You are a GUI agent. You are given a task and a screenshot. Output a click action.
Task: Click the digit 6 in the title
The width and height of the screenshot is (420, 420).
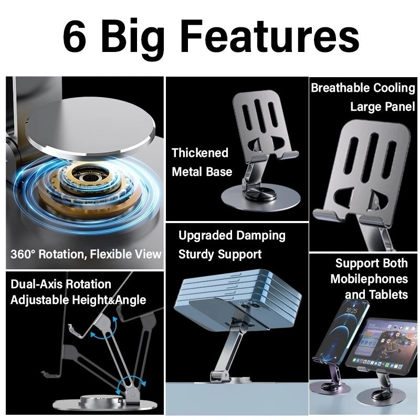(x=75, y=36)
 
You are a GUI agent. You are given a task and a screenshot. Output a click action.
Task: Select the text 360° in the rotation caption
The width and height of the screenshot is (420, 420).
(x=23, y=254)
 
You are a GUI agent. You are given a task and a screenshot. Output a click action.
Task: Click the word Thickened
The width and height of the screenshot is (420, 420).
(x=200, y=153)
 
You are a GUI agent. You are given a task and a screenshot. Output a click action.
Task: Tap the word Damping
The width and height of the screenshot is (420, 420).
(x=261, y=236)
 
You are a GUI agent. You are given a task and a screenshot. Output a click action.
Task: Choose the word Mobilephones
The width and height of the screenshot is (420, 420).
(x=369, y=279)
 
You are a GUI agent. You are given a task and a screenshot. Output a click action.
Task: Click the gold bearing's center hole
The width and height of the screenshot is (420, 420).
(x=87, y=177)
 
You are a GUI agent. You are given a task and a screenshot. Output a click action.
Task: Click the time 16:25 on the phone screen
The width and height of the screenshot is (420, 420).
(x=351, y=311)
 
